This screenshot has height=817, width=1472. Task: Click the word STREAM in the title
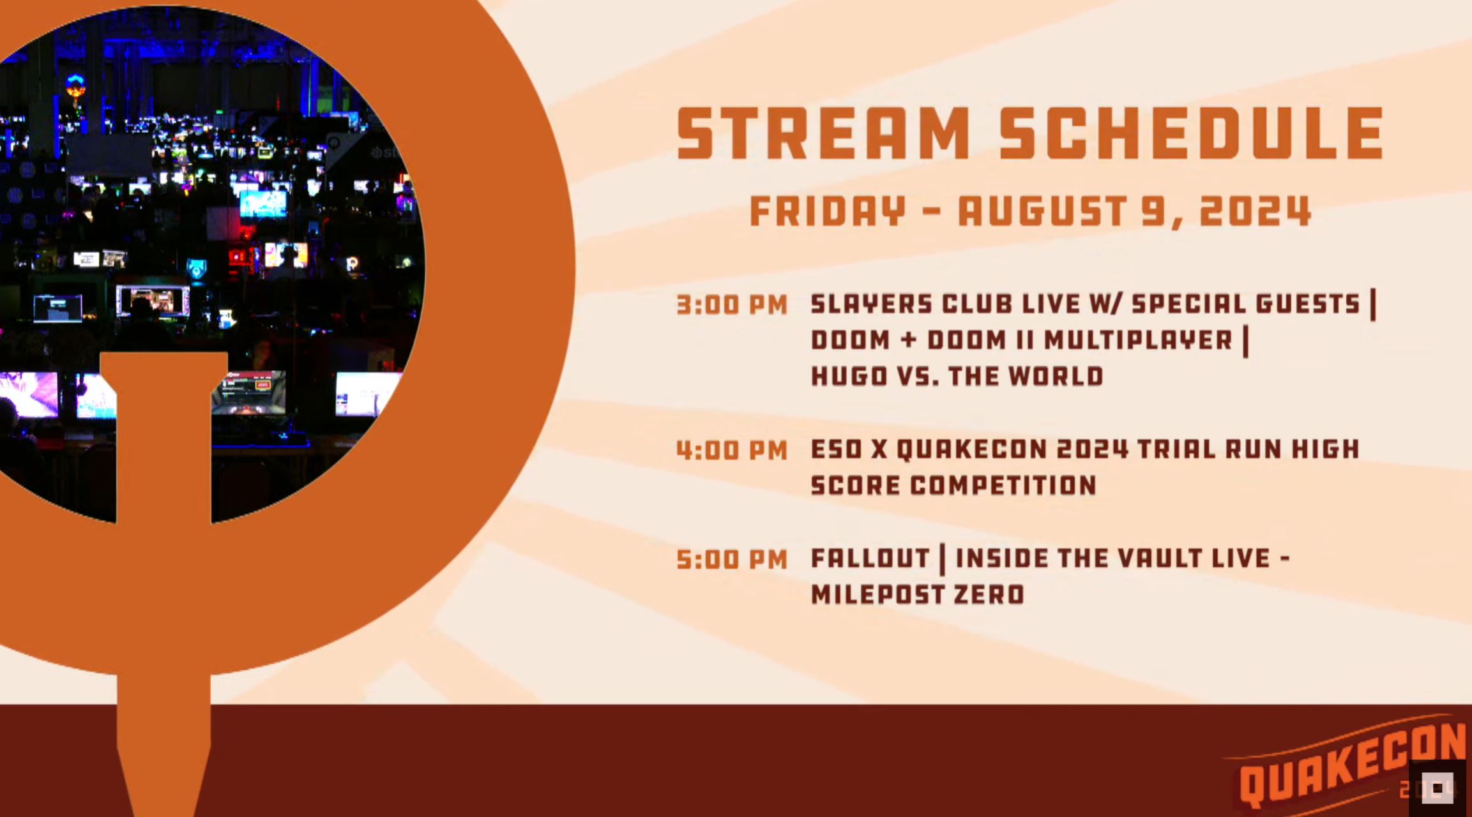coord(824,133)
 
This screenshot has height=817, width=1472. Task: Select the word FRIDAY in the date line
coord(828,211)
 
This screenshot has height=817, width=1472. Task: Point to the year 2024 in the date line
coord(1256,211)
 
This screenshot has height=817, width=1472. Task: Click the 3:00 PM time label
coord(732,305)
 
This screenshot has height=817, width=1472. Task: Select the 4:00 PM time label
coord(732,451)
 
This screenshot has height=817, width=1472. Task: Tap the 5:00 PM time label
coord(732,560)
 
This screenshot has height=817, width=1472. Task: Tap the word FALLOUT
coord(870,558)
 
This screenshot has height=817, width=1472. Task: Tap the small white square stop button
coord(1438,788)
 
